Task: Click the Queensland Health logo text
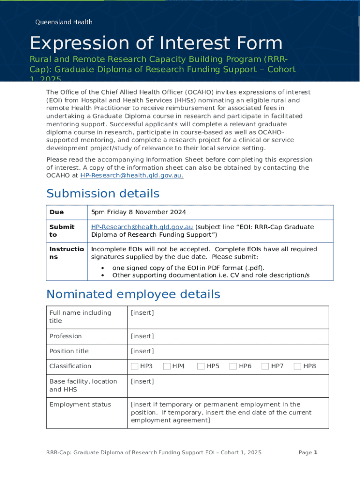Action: point(64,22)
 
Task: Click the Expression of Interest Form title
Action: point(156,44)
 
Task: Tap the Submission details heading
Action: point(103,194)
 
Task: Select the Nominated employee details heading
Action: point(133,294)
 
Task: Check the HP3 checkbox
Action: point(135,366)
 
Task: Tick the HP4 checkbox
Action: point(166,366)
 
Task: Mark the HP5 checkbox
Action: point(201,366)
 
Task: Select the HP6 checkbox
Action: point(233,366)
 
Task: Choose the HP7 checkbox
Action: point(265,366)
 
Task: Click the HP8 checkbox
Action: point(297,366)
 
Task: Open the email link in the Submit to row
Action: point(142,227)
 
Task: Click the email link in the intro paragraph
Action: point(131,175)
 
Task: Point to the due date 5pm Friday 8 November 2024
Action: point(138,212)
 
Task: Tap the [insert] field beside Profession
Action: point(142,336)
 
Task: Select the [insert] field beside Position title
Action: point(142,351)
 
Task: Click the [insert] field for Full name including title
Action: point(142,313)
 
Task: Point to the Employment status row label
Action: point(80,405)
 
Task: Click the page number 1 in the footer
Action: point(316,452)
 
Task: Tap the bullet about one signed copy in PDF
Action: point(188,268)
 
